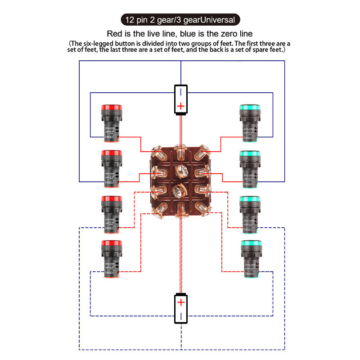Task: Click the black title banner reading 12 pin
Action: [180, 20]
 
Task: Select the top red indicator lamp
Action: [110, 122]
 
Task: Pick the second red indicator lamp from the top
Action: [110, 168]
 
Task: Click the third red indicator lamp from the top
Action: [110, 213]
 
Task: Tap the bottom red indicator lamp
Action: [110, 258]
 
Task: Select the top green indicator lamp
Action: [248, 122]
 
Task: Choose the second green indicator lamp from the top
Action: [248, 168]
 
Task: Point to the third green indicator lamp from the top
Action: [248, 213]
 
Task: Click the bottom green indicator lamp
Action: [248, 258]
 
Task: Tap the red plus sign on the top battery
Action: [180, 106]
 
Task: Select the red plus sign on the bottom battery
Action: [180, 302]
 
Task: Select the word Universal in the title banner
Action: [215, 20]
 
